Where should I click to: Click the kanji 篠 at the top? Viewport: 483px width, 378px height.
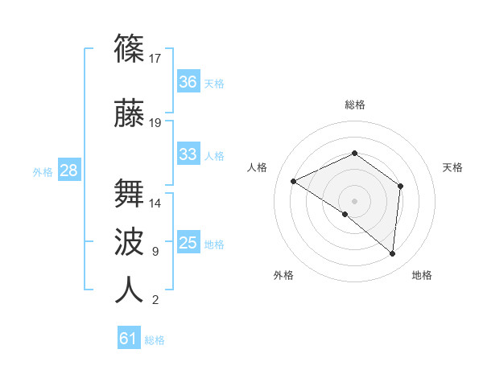130,49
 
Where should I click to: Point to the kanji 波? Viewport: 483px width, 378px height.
130,242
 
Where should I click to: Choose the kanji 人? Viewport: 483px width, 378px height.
130,290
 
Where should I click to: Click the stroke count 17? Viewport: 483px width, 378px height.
156,59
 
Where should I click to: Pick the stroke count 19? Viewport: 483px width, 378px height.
156,123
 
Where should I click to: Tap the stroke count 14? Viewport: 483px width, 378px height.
156,203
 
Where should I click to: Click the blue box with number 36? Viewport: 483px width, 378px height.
188,82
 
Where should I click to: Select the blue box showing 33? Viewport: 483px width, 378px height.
188,154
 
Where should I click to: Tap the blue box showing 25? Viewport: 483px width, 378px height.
188,243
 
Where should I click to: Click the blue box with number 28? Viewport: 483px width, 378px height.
68,171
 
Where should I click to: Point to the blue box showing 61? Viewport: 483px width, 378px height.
129,339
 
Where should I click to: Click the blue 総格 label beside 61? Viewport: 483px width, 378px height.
155,340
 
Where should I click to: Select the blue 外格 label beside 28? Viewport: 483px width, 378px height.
43,171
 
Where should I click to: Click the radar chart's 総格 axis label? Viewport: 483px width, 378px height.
355,105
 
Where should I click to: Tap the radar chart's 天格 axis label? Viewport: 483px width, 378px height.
453,167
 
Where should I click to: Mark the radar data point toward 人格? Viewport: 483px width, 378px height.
294,182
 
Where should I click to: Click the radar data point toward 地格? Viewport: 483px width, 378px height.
393,254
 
